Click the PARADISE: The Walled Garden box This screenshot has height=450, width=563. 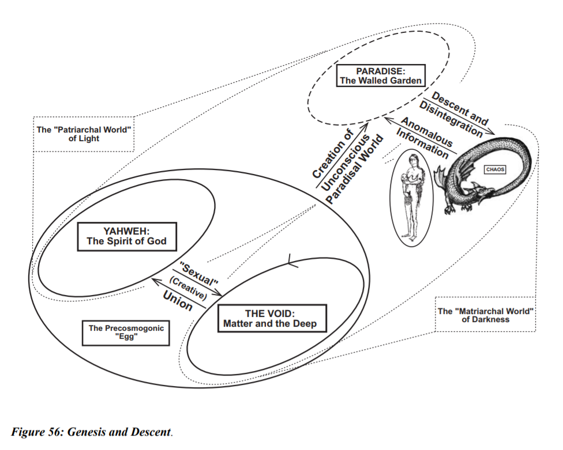(x=381, y=75)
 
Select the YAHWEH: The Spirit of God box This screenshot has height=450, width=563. (x=127, y=237)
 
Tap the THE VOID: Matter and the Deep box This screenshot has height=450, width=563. (x=272, y=319)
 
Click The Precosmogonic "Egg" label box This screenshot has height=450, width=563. (x=126, y=333)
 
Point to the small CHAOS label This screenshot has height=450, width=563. (x=495, y=169)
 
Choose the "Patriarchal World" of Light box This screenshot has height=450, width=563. (x=84, y=134)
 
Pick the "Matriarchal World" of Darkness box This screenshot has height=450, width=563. (x=485, y=315)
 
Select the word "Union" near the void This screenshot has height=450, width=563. (x=177, y=301)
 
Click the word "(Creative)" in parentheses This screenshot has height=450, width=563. (x=188, y=288)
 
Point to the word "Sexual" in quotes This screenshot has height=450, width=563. (x=198, y=274)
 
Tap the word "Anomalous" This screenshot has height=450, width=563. (x=426, y=132)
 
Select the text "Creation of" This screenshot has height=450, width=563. (x=333, y=154)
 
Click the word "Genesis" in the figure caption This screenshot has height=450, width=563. (x=86, y=432)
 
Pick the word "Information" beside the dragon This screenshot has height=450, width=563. (x=422, y=143)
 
